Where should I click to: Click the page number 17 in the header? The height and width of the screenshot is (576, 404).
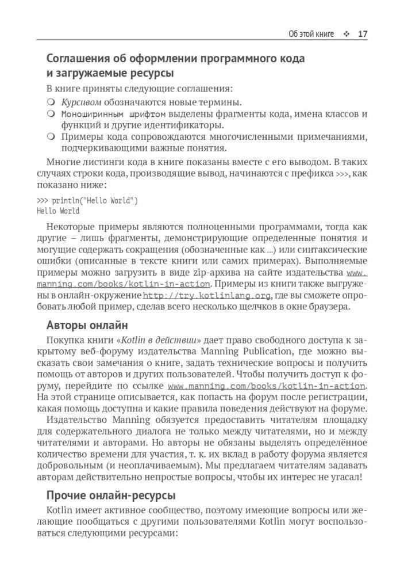[x=362, y=34]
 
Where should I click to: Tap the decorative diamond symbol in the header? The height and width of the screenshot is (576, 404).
[x=346, y=34]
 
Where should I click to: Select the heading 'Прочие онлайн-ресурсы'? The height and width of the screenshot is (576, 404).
[x=111, y=495]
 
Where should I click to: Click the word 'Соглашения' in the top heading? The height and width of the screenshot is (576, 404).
[x=84, y=58]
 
